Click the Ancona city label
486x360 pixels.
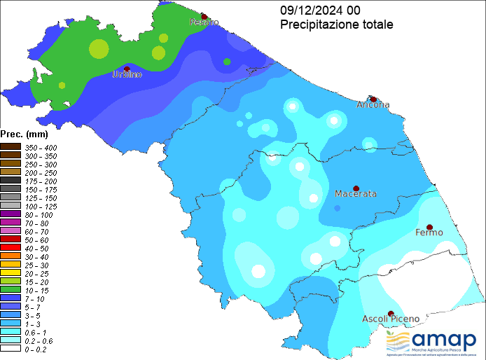[x=373, y=105]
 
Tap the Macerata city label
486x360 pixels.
[x=356, y=193]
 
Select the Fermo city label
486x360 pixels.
[x=429, y=232]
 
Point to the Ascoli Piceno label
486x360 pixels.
[x=391, y=319]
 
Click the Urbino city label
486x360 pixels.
[x=127, y=74]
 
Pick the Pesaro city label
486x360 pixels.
[x=204, y=22]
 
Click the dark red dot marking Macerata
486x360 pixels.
[x=356, y=188]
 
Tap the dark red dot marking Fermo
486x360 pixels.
[x=429, y=227]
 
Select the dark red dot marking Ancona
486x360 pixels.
[x=373, y=99]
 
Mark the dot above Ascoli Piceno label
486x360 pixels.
[x=390, y=313]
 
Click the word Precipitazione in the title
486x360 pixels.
[x=319, y=25]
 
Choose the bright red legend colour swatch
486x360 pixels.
[x=11, y=247]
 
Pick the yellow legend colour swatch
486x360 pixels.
[x=11, y=272]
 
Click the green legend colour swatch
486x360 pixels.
[x=11, y=289]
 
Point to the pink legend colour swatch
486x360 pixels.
[x=11, y=230]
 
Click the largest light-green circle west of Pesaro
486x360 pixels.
[x=99, y=49]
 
